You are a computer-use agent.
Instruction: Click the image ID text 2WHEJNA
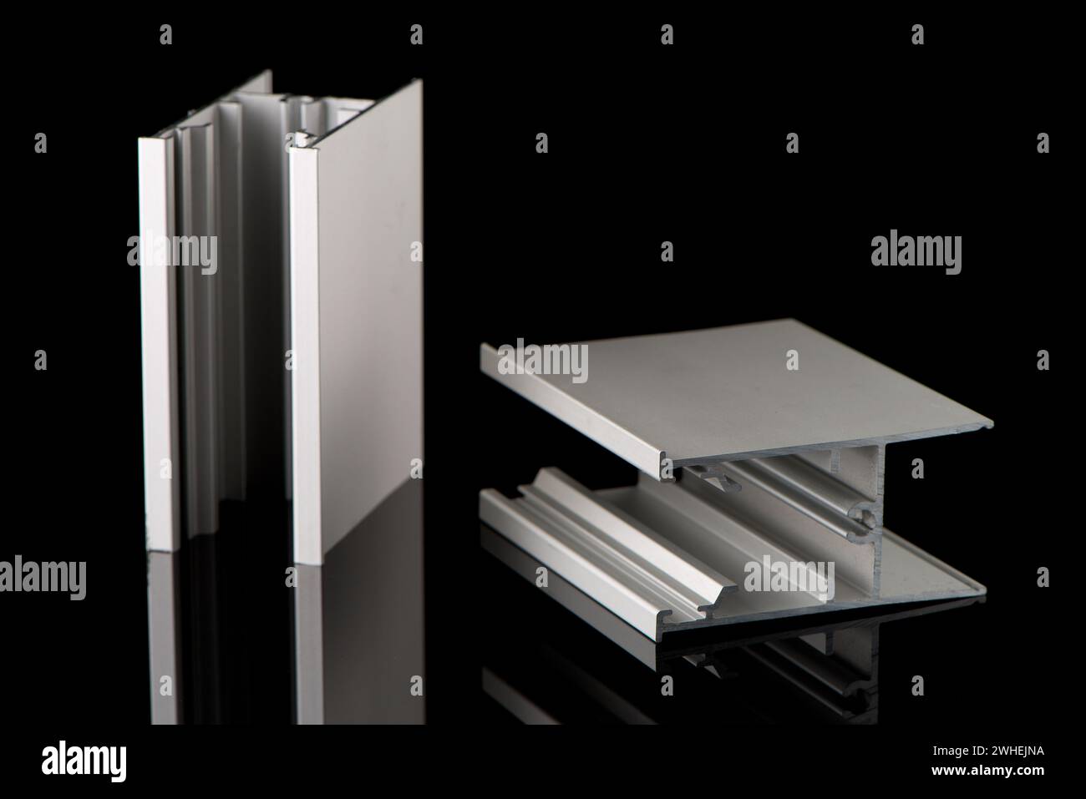tap(1013, 751)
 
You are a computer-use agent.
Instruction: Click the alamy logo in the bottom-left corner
tap(84, 761)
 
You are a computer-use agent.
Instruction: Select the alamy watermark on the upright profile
tap(172, 252)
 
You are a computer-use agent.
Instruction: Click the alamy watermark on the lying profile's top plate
tap(543, 360)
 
